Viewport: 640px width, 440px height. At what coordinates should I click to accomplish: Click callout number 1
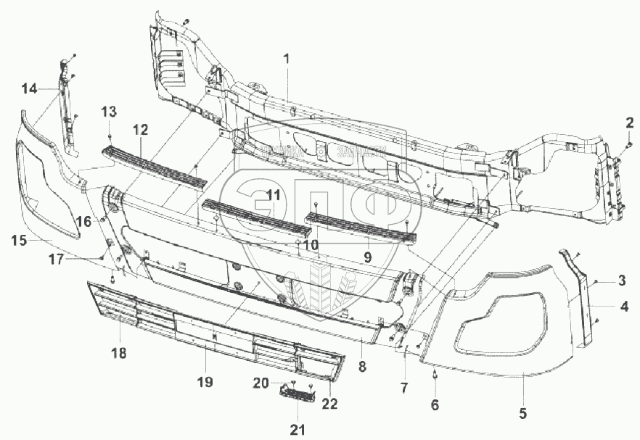click(287, 59)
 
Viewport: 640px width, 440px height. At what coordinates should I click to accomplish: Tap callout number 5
click(522, 414)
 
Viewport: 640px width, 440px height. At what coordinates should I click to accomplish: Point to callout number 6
click(435, 405)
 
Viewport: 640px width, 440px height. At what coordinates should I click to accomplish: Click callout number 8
click(362, 367)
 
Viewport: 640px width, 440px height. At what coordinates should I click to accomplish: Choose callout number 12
click(140, 130)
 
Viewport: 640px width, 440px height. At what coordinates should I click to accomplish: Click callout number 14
click(29, 88)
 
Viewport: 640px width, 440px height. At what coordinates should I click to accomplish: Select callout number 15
click(19, 240)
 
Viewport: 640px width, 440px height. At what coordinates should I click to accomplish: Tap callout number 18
click(118, 353)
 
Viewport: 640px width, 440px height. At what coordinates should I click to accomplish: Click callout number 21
click(298, 430)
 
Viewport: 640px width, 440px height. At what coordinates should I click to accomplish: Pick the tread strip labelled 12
click(153, 164)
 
